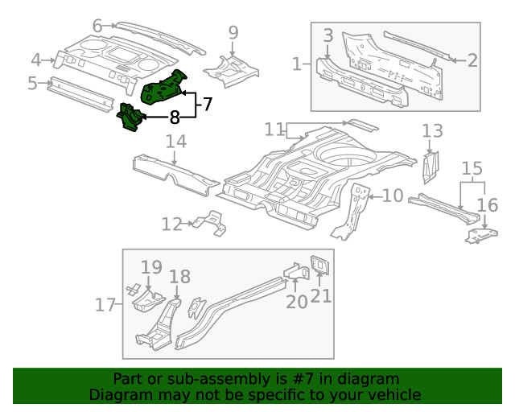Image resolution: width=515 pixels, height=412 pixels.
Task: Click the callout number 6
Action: click(97, 27)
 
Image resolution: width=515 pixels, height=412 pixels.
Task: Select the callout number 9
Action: click(233, 33)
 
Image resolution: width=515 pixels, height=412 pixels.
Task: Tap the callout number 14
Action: click(176, 142)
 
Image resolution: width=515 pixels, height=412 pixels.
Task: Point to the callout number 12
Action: click(171, 224)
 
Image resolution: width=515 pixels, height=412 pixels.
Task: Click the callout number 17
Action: click(105, 305)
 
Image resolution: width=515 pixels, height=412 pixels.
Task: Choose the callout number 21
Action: click(320, 296)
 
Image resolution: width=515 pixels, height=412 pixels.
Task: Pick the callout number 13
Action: click(432, 130)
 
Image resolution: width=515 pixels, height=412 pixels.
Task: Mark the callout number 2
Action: click(472, 60)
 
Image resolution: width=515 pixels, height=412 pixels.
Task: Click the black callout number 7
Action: click(206, 104)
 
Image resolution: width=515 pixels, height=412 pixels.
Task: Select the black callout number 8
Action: click(175, 117)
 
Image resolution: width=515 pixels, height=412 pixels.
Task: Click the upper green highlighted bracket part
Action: click(165, 87)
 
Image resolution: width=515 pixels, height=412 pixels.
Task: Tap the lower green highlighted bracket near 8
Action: click(130, 118)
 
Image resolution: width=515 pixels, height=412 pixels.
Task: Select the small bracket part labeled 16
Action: click(481, 235)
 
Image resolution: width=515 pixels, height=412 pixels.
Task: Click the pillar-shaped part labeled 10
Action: click(352, 211)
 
